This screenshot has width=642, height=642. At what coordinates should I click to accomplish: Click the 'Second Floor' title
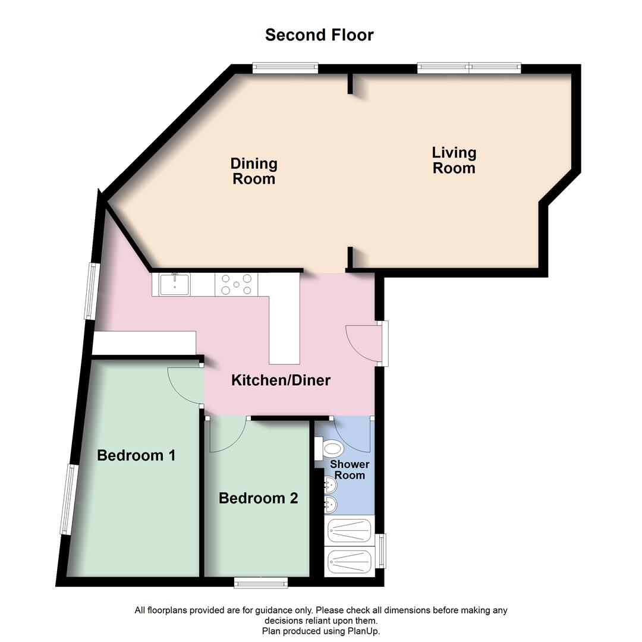pyautogui.click(x=319, y=35)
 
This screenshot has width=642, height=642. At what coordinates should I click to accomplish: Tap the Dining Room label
pyautogui.click(x=254, y=171)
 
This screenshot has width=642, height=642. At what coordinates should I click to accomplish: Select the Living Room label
pyautogui.click(x=454, y=160)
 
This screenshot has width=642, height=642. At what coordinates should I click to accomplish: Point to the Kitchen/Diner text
pyautogui.click(x=281, y=380)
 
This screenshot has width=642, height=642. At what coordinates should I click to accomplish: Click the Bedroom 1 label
pyautogui.click(x=136, y=456)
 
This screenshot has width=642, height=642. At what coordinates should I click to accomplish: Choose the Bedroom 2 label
pyautogui.click(x=258, y=498)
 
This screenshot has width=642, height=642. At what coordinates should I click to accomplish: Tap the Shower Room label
pyautogui.click(x=350, y=470)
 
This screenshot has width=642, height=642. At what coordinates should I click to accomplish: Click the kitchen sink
pyautogui.click(x=174, y=284)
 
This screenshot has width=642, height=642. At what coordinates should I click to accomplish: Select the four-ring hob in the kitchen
pyautogui.click(x=237, y=284)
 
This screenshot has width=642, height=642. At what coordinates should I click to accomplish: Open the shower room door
pyautogui.click(x=353, y=434)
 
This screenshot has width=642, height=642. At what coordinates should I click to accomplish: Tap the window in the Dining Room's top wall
pyautogui.click(x=285, y=68)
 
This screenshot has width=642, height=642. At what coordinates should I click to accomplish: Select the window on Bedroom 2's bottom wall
pyautogui.click(x=261, y=582)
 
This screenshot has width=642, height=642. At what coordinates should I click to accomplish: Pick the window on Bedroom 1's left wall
pyautogui.click(x=69, y=499)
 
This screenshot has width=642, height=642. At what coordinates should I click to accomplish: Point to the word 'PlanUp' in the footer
pyautogui.click(x=363, y=631)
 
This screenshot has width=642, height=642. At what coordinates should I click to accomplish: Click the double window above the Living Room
pyautogui.click(x=469, y=68)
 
